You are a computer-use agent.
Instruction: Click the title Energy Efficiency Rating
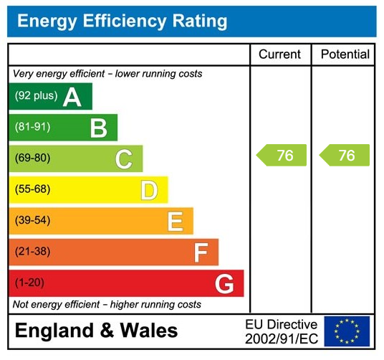122,21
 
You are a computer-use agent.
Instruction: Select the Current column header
279,55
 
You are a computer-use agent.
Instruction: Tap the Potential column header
345,55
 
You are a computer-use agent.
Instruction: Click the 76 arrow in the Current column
282,156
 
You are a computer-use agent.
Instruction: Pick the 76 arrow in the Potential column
345,156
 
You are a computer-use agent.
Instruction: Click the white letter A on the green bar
72,97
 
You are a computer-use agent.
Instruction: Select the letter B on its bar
98,128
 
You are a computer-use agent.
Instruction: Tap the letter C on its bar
123,159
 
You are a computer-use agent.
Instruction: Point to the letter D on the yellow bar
149,191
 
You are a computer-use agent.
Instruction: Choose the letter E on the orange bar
175,222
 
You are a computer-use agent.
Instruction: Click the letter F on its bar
201,252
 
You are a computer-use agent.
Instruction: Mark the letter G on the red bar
224,284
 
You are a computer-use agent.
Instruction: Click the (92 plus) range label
36,96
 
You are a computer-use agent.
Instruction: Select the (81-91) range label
32,128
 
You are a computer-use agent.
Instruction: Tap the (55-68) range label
32,190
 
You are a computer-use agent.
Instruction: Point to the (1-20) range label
29,283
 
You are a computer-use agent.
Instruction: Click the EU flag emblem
347,331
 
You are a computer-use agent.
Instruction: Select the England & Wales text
96,331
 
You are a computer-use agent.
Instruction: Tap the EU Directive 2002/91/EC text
281,331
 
